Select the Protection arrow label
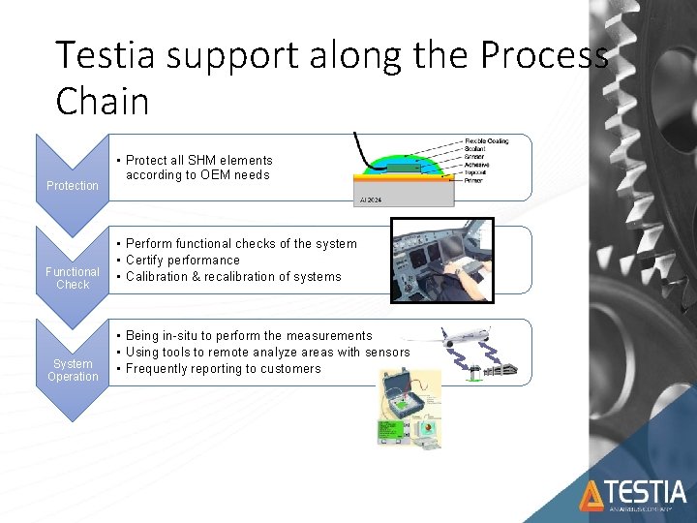coord(73,186)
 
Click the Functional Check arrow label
coord(73,278)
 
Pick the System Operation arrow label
coord(73,370)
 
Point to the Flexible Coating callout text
coord(485,141)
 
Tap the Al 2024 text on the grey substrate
coord(372,200)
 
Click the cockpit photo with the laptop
coord(441,260)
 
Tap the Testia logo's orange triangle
coord(591,496)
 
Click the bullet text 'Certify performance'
coord(182,261)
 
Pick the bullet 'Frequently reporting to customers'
coord(223,369)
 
